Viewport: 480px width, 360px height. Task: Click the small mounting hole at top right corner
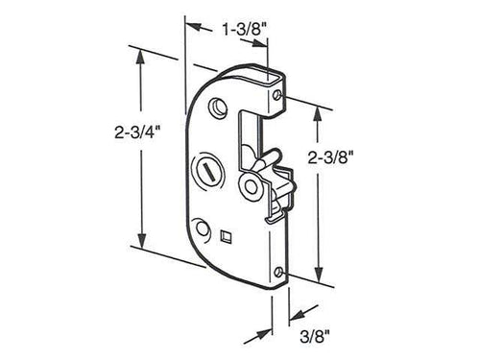pos(277,95)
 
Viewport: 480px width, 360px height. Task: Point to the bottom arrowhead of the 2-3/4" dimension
pos(142,246)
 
